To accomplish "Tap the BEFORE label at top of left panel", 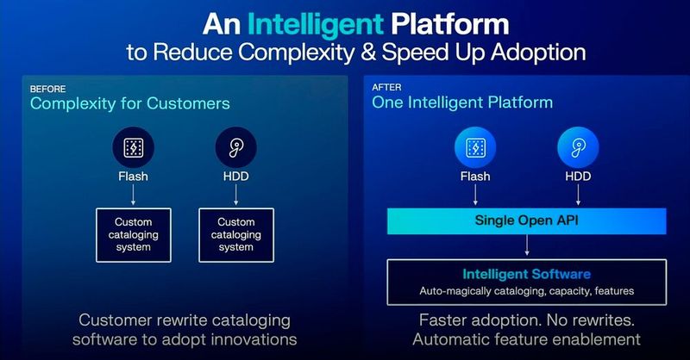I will click(47, 89).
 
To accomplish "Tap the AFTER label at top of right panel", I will click(386, 88).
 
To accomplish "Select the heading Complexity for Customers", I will click(129, 103).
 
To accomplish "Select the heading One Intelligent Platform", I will click(462, 103).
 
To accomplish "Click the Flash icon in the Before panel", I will click(133, 148).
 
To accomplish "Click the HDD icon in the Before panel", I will click(235, 148).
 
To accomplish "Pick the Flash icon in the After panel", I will click(474, 148).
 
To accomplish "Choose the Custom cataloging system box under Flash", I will click(133, 234).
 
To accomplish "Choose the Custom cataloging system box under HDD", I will click(235, 234).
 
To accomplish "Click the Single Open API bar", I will click(525, 220).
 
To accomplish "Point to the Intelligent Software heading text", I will click(526, 275).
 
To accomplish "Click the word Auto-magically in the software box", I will click(456, 291).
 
